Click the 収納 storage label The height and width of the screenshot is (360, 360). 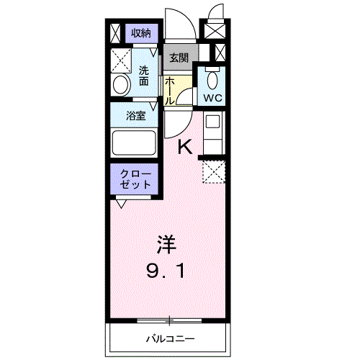(141, 32)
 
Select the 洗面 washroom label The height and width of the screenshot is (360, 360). (145, 76)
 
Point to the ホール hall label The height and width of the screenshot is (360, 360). (170, 91)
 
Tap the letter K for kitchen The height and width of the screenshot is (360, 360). (185, 147)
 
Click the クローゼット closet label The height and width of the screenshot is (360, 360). (136, 179)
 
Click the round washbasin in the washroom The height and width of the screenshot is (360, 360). (121, 85)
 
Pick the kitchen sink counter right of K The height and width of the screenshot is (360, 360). (213, 132)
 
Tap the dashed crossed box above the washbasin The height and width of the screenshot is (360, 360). (121, 59)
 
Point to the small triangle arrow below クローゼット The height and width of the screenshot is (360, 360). (120, 204)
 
